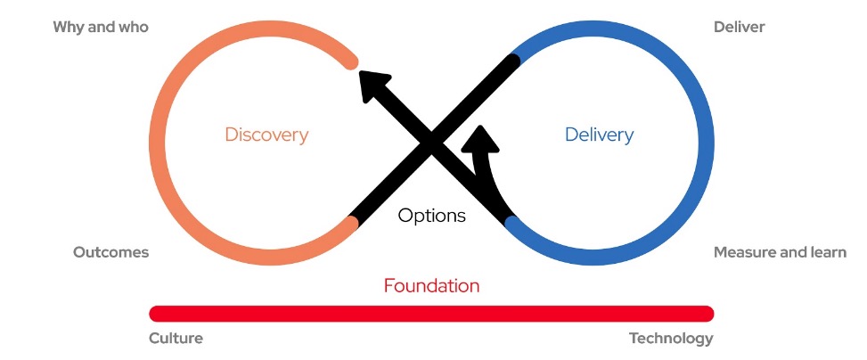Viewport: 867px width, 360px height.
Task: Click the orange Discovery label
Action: click(266, 135)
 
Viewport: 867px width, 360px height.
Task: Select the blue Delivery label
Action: click(599, 135)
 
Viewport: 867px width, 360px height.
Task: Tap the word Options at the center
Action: click(431, 216)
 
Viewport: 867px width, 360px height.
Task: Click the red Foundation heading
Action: click(431, 286)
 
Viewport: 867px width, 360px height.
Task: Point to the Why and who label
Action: click(101, 27)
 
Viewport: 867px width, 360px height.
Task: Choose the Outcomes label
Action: click(110, 252)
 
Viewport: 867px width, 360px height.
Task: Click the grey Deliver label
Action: click(739, 27)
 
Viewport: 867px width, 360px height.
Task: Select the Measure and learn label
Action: click(780, 252)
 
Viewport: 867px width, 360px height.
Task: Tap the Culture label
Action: click(176, 339)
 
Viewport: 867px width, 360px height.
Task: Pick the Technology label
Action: click(671, 339)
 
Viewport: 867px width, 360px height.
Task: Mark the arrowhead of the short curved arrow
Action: click(482, 139)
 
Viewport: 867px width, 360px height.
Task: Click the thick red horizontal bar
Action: click(431, 313)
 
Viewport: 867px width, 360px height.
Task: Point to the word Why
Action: click(68, 27)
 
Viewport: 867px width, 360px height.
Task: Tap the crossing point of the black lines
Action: click(432, 143)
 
